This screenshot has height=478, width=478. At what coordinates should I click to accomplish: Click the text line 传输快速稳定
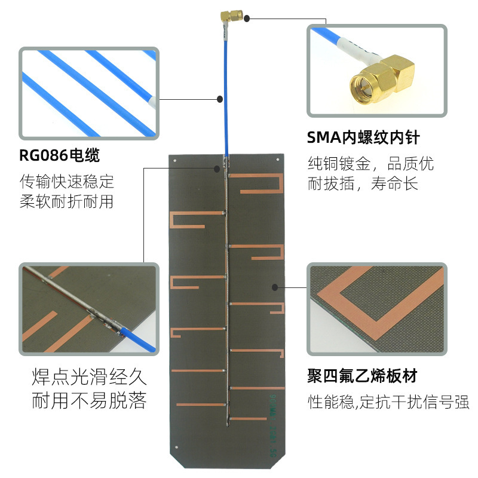pyautogui.click(x=67, y=180)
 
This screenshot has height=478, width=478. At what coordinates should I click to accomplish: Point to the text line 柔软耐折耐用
pyautogui.click(x=67, y=201)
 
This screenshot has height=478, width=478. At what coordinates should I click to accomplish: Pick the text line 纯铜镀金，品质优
pyautogui.click(x=370, y=163)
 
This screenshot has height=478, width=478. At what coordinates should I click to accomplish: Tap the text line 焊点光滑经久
pyautogui.click(x=88, y=378)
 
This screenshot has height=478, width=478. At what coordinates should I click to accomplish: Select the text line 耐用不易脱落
pyautogui.click(x=88, y=400)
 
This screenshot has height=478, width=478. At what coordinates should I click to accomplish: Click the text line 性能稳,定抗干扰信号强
pyautogui.click(x=388, y=402)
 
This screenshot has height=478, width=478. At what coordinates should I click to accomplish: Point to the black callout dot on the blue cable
pyautogui.click(x=220, y=99)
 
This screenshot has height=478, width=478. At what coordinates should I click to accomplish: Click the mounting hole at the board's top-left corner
pyautogui.click(x=173, y=160)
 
